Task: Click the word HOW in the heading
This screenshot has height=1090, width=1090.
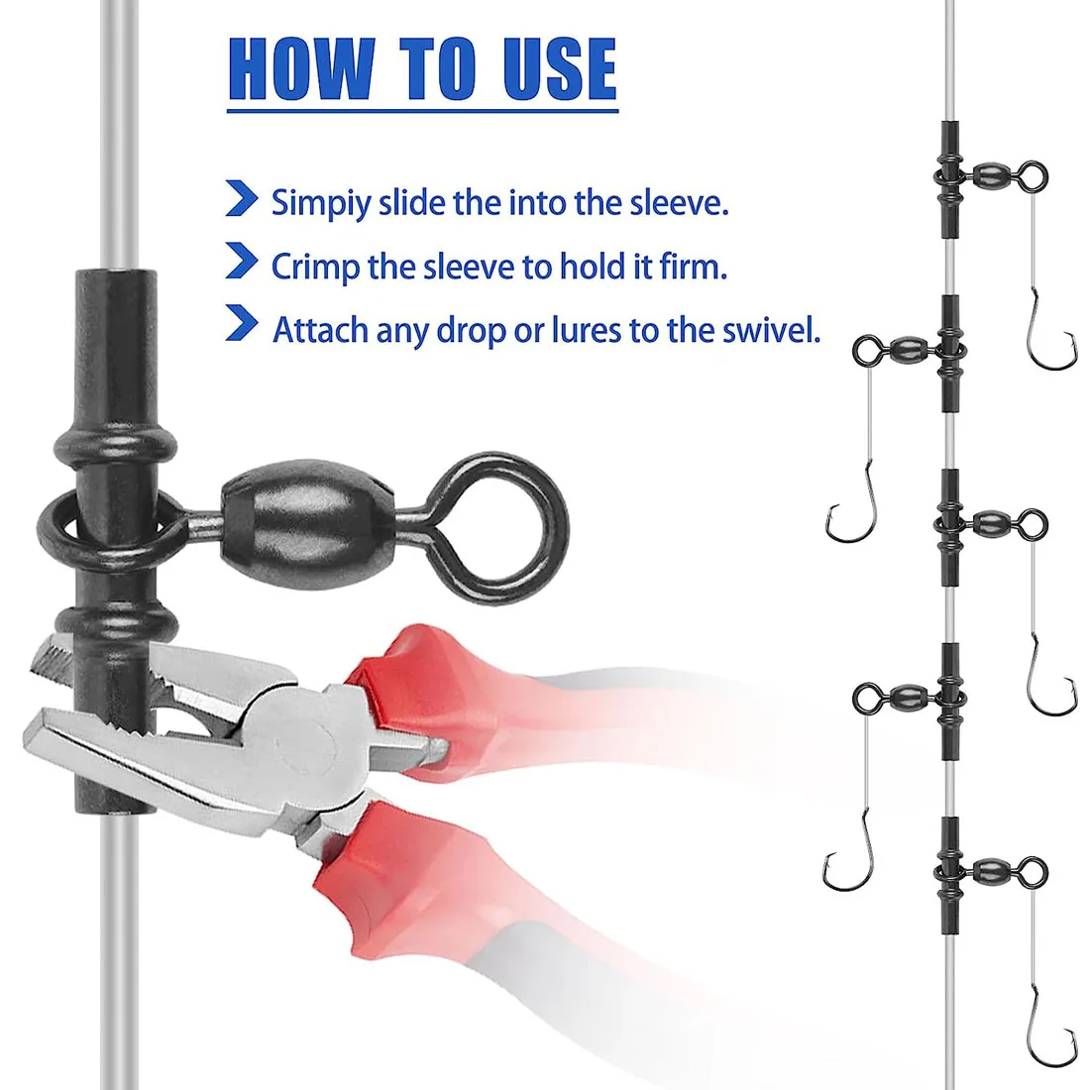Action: [302, 68]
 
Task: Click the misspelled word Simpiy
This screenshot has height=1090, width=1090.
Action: [320, 204]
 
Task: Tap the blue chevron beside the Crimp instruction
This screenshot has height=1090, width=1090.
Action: [242, 261]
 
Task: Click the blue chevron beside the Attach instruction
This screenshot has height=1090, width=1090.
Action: [242, 323]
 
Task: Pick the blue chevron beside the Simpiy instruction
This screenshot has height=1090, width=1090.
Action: [242, 198]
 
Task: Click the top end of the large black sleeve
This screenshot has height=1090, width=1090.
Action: [115, 273]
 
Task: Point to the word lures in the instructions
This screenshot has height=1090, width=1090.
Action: [587, 330]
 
